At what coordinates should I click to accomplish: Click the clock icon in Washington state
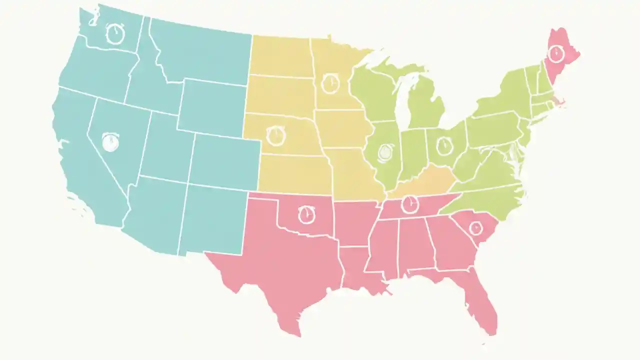tap(115, 33)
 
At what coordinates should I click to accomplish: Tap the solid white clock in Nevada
tap(110, 142)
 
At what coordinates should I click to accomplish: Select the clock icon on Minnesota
tap(330, 83)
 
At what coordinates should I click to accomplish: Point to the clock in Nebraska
tap(275, 136)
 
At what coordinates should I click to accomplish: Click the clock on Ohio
tap(443, 146)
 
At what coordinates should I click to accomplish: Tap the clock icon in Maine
tap(555, 53)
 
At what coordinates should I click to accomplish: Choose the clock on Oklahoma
tap(307, 214)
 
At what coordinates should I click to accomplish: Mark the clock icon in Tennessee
tap(409, 203)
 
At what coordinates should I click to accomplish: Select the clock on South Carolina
tap(475, 228)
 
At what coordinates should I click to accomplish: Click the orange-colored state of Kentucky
tap(425, 184)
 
